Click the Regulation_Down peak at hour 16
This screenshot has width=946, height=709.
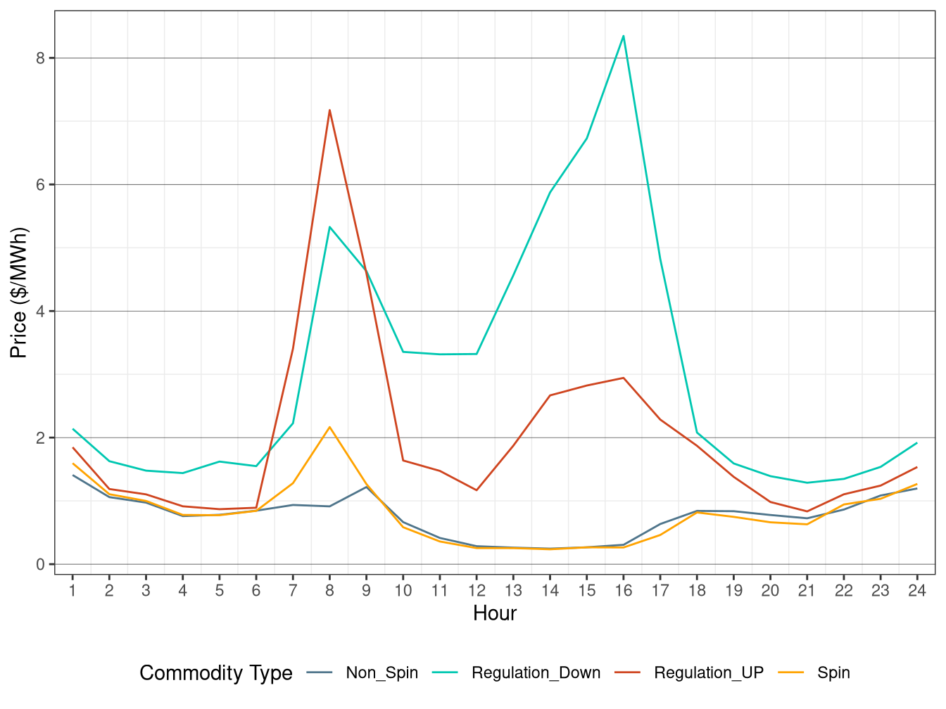(x=624, y=36)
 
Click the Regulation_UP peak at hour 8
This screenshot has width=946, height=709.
(x=329, y=110)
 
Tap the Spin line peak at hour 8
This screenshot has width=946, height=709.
(x=329, y=427)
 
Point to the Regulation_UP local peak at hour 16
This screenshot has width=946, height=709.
(x=624, y=378)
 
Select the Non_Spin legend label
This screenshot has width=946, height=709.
(x=381, y=673)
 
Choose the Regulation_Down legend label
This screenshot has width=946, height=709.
(x=536, y=673)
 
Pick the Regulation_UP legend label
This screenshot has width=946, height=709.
(x=708, y=673)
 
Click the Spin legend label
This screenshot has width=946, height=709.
(x=833, y=673)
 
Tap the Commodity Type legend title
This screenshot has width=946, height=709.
(x=216, y=673)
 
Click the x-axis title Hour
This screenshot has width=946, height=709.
(x=495, y=613)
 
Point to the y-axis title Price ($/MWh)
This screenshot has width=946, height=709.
(x=19, y=293)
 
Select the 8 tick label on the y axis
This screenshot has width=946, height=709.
(x=40, y=58)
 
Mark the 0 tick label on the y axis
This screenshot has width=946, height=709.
(x=40, y=565)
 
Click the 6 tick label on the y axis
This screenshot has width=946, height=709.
(x=40, y=185)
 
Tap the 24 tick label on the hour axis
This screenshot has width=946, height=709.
(x=916, y=591)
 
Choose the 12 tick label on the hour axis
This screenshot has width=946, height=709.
(x=477, y=591)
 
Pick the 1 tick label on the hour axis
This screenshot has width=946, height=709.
(x=72, y=591)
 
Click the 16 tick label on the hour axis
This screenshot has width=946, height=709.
(x=624, y=591)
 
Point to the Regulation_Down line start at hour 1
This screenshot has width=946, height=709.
(x=73, y=429)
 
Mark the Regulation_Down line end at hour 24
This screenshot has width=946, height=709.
(x=916, y=443)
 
